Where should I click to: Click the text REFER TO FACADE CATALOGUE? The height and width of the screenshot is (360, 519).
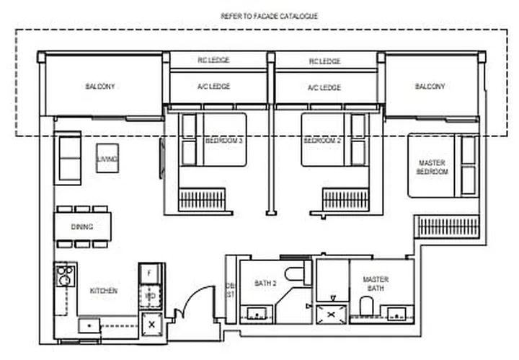[269, 15]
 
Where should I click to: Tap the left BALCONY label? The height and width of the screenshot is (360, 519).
[99, 87]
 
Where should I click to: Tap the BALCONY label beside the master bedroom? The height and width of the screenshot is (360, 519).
[430, 87]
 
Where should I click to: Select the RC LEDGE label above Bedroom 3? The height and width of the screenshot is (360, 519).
[213, 61]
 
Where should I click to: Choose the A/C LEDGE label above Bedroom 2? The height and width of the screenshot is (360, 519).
[324, 87]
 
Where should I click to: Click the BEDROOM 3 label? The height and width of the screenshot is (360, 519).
[223, 141]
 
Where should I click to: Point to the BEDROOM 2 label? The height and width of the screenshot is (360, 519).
[322, 141]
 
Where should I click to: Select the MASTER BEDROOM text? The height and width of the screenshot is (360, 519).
[432, 167]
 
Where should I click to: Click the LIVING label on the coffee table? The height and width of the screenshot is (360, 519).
[108, 158]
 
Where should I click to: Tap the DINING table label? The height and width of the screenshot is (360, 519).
[82, 227]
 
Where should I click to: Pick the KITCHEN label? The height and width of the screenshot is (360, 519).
[103, 291]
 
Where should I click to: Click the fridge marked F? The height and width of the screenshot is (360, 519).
[148, 273]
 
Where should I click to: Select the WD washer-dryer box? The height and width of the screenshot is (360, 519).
[150, 296]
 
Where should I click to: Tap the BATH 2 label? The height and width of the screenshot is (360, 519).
[265, 284]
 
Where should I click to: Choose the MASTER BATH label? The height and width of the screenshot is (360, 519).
[376, 284]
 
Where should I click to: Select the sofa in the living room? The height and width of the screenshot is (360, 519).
[68, 157]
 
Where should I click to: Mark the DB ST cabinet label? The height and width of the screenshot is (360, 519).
[231, 289]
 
